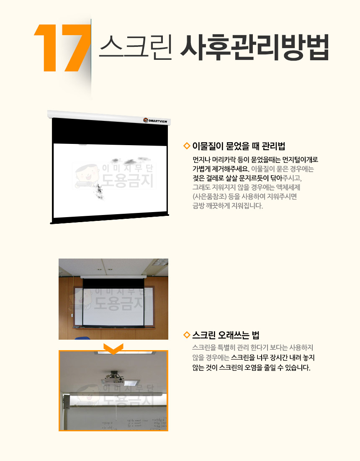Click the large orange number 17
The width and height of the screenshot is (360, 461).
62,48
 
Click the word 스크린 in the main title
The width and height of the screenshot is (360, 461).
135,47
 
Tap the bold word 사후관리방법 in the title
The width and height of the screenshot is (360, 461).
254,47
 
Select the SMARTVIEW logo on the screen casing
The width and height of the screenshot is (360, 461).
155,120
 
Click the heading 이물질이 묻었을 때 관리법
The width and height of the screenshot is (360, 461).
239,146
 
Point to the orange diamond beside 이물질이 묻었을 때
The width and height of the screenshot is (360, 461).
186,146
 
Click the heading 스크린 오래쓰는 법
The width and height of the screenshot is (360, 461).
226,335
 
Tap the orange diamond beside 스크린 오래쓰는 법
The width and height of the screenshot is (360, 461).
186,335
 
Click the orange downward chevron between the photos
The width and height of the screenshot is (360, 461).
113,349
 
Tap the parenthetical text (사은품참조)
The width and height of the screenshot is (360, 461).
209,196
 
